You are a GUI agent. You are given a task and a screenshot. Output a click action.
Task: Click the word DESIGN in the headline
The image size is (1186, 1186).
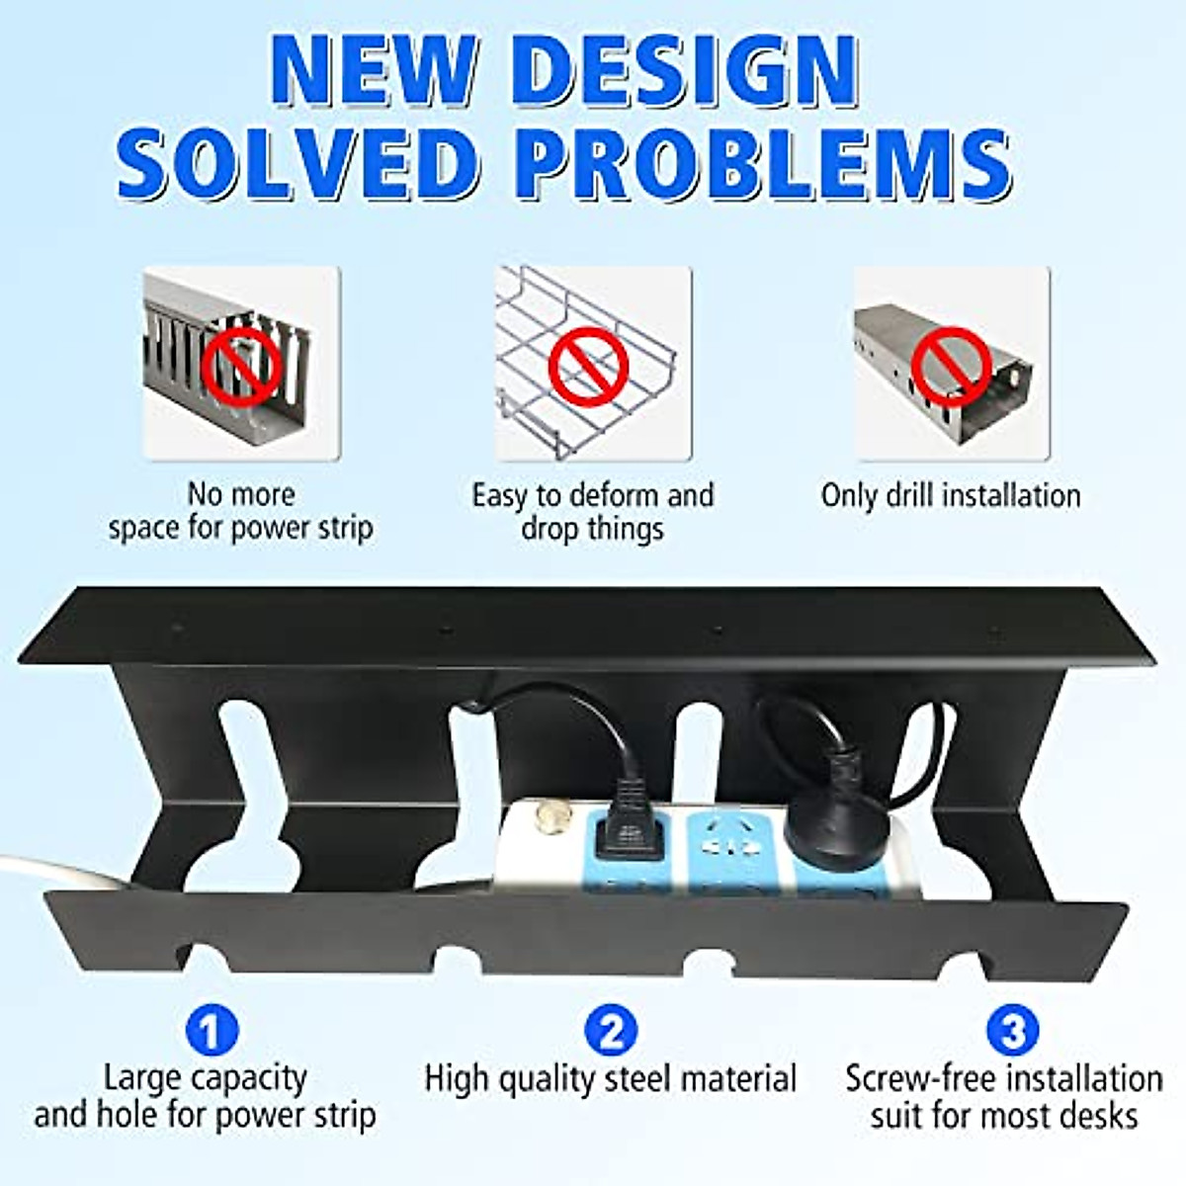[685, 71]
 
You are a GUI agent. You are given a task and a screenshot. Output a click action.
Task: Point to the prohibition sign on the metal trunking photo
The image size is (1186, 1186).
[951, 362]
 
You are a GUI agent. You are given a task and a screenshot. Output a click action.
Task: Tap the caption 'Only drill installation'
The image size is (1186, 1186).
[950, 495]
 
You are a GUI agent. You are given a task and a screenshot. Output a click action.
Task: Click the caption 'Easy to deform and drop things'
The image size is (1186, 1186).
[592, 511]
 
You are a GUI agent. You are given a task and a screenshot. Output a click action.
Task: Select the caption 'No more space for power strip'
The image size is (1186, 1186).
[241, 511]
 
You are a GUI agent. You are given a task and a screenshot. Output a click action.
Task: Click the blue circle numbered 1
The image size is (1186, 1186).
[212, 1032]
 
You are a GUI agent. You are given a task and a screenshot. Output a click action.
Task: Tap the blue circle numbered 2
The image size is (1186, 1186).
[611, 1032]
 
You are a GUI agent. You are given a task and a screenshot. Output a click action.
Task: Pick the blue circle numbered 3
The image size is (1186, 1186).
[1012, 1032]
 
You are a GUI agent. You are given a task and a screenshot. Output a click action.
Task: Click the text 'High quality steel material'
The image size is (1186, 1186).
[611, 1078]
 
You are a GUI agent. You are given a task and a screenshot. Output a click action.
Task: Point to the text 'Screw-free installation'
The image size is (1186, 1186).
[1003, 1078]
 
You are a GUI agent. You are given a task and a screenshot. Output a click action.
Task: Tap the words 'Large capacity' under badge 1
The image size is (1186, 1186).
[206, 1077]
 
